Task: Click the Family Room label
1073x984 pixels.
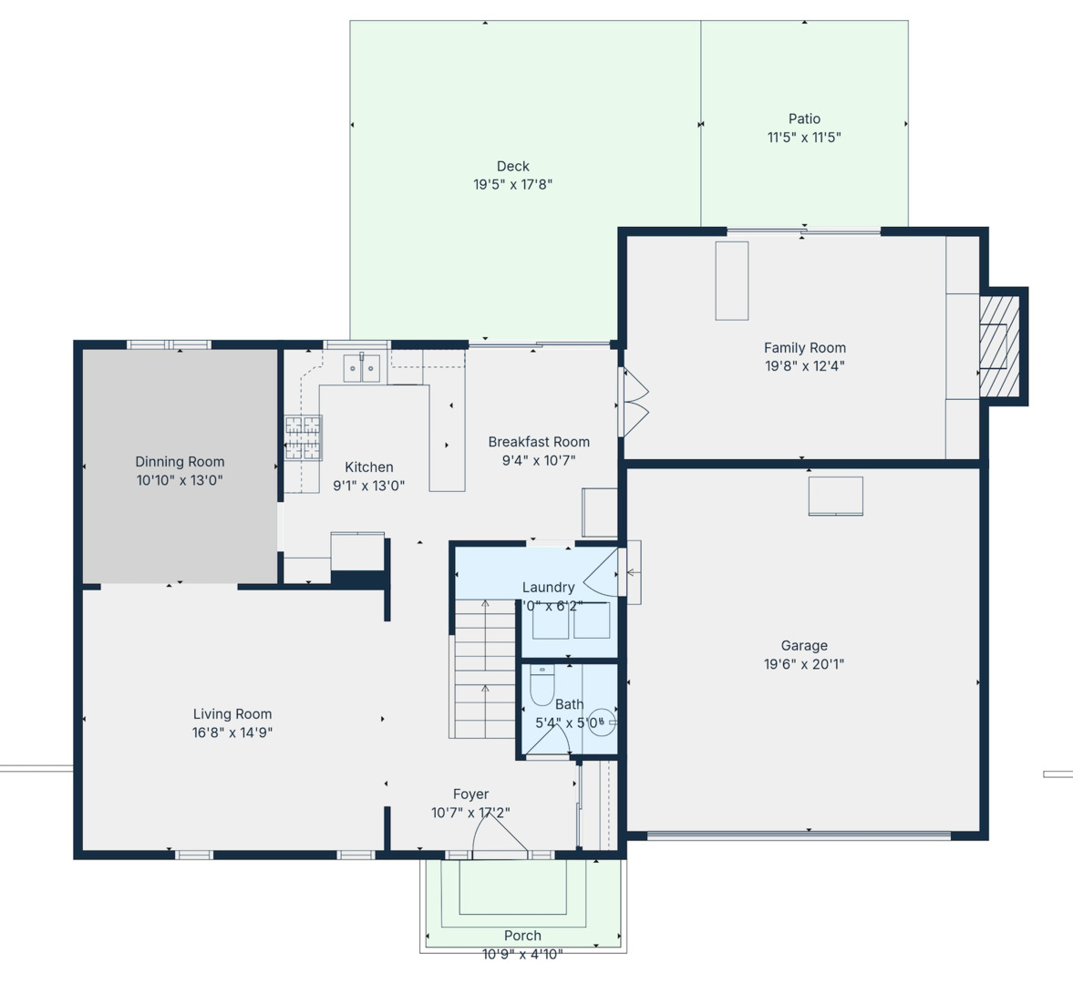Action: [804, 347]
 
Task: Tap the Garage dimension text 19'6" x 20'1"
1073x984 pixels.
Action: [803, 664]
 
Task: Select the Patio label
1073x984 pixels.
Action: [804, 118]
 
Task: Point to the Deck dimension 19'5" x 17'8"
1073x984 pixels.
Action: [512, 184]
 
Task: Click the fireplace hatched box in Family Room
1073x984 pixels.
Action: [999, 345]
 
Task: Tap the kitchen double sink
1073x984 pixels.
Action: [362, 368]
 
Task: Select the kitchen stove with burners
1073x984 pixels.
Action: [303, 437]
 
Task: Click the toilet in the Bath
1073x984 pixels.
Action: [542, 685]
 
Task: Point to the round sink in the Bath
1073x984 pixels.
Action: [601, 723]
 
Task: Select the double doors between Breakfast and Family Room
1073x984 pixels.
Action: [635, 401]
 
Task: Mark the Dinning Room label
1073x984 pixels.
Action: [180, 461]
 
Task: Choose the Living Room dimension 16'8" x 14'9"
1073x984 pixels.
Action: [232, 733]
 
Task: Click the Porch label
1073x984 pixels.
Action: [522, 936]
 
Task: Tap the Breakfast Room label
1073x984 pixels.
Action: [539, 442]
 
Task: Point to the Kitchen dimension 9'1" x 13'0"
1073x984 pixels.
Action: [368, 486]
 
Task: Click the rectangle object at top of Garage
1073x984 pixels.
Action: [835, 497]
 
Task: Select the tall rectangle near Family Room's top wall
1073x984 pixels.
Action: [731, 281]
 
